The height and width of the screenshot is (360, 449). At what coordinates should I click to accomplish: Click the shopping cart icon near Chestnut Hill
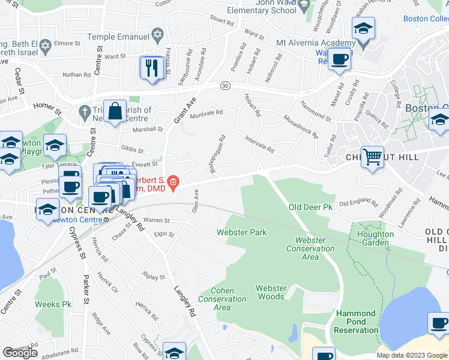373,157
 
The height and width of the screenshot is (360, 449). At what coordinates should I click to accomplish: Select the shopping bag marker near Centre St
115,111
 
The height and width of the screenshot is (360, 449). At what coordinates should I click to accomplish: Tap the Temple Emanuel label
118,37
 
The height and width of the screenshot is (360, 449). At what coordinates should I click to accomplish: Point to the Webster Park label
241,232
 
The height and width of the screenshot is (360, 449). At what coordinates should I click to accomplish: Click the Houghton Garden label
375,238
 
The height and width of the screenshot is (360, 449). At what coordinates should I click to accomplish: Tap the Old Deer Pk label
310,208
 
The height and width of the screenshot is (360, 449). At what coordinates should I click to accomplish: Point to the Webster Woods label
271,292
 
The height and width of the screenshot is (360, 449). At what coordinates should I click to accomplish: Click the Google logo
20,352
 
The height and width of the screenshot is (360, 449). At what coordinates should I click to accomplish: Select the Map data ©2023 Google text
412,355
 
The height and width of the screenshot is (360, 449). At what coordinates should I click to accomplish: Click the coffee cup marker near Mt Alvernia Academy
340,59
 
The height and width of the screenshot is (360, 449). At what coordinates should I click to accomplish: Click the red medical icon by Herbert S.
173,182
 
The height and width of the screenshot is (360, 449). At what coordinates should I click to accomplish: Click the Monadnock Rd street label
300,126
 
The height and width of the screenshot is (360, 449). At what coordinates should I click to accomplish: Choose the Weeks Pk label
53,304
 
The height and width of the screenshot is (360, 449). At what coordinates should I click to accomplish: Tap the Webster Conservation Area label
310,248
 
